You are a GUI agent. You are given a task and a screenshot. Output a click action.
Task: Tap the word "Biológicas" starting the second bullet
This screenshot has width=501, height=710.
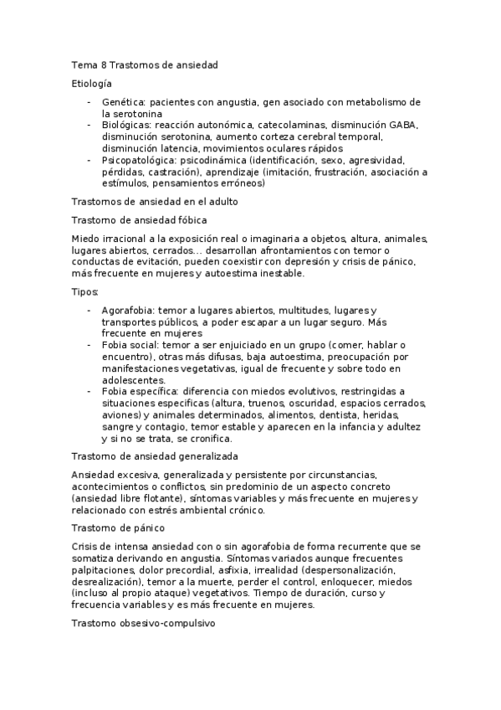[126, 125]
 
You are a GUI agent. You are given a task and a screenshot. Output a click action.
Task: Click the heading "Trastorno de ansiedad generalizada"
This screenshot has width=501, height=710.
[155, 456]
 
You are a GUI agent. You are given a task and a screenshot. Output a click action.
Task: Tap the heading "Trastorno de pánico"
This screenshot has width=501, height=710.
[118, 527]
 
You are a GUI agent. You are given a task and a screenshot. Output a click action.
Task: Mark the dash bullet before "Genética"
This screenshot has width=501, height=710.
[89, 102]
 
